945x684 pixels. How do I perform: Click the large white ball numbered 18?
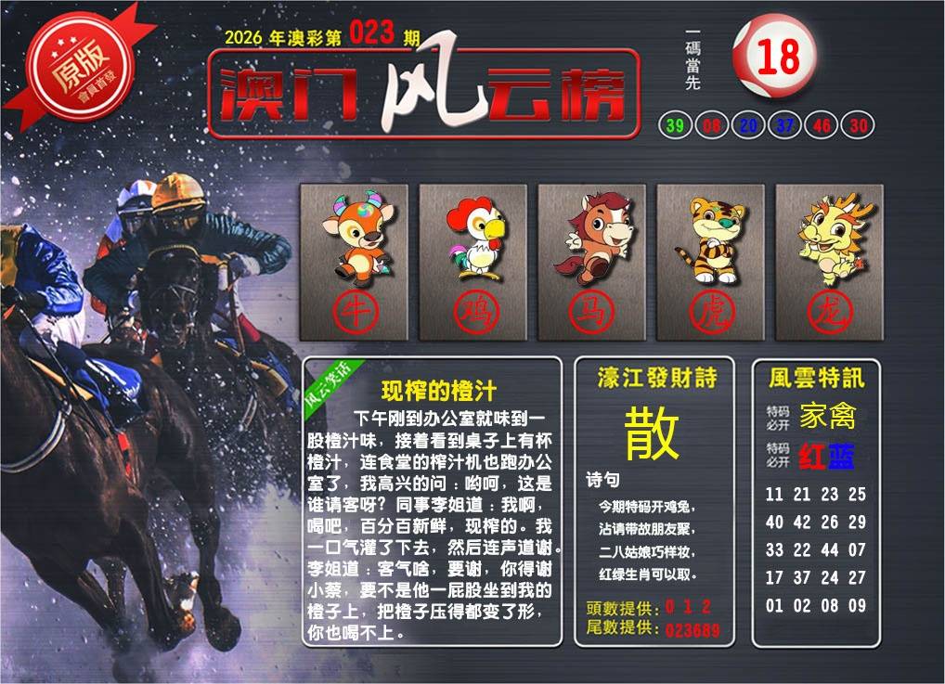[x=775, y=56]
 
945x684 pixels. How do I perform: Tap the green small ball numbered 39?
[x=675, y=125]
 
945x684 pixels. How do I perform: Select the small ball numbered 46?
[x=822, y=125]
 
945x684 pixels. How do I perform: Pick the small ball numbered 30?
[x=858, y=125]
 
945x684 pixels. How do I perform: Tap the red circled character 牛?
[x=356, y=312]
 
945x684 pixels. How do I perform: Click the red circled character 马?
[x=591, y=312]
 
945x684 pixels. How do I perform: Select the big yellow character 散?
[x=652, y=432]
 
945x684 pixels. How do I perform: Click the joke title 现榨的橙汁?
[x=438, y=391]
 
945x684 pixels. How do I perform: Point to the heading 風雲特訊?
[x=816, y=378]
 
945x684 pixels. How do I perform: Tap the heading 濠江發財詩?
[x=657, y=378]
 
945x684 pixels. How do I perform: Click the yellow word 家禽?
[x=827, y=416]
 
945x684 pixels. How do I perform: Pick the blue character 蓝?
[x=841, y=457]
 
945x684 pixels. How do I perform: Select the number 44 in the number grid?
[x=829, y=549]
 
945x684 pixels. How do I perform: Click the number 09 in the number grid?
[x=857, y=605]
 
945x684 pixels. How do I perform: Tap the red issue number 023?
[x=372, y=32]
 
